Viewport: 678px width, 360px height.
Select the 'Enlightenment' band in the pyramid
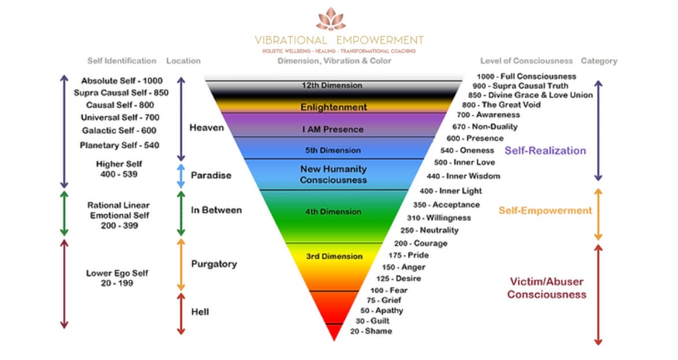click(334, 107)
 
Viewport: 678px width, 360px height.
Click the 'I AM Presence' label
click(332, 129)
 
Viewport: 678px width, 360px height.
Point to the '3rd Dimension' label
click(334, 257)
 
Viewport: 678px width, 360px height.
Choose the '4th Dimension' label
click(334, 212)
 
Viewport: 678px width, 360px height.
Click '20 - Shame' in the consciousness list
click(371, 331)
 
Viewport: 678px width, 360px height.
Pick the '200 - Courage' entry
click(421, 243)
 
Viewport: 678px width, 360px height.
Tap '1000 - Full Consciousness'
click(527, 76)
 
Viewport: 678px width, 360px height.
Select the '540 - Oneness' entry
click(468, 150)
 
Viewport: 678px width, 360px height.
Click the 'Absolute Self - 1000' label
click(122, 81)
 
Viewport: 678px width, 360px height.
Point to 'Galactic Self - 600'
click(119, 131)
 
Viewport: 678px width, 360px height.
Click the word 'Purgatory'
click(214, 264)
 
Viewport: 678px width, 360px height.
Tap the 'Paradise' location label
click(211, 176)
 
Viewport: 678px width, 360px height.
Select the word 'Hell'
click(200, 312)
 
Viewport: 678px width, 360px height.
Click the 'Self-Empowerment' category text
click(545, 210)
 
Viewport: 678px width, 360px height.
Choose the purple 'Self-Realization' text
click(545, 151)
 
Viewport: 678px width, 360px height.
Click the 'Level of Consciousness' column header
click(527, 61)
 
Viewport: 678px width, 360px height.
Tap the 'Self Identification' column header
click(122, 61)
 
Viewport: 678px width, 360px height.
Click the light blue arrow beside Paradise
click(180, 176)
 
